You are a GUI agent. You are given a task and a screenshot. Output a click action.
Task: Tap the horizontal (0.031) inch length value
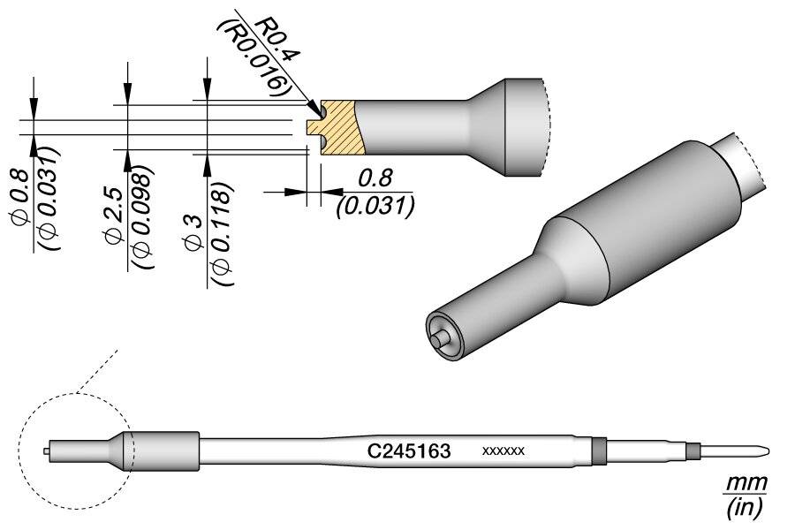[376, 206]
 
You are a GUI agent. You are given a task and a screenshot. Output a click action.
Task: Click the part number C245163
[409, 451]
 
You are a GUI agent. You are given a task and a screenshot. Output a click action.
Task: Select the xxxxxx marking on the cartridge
[503, 451]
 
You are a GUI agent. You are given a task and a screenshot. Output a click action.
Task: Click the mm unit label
[746, 484]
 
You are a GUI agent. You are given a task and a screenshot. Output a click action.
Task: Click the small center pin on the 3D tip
[439, 337]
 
